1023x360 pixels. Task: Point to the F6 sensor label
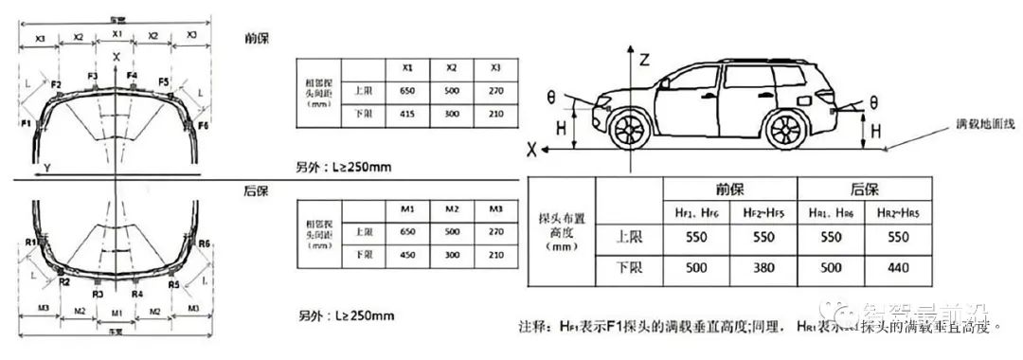pyautogui.click(x=203, y=124)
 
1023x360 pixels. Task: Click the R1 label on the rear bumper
pyautogui.click(x=31, y=243)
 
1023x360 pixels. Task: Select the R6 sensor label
pyautogui.click(x=204, y=243)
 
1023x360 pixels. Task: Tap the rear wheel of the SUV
pyautogui.click(x=785, y=129)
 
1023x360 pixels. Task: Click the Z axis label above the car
pyautogui.click(x=644, y=59)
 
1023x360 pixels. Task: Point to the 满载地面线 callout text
pyautogui.click(x=986, y=125)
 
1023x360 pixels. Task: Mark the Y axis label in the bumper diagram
pyautogui.click(x=46, y=167)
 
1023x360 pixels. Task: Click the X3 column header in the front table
pyautogui.click(x=496, y=68)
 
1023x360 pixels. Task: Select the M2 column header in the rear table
pyautogui.click(x=452, y=207)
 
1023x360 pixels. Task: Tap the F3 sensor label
pyautogui.click(x=92, y=75)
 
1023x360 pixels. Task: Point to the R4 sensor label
pyautogui.click(x=137, y=294)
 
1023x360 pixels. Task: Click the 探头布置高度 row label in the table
pyautogui.click(x=563, y=231)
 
